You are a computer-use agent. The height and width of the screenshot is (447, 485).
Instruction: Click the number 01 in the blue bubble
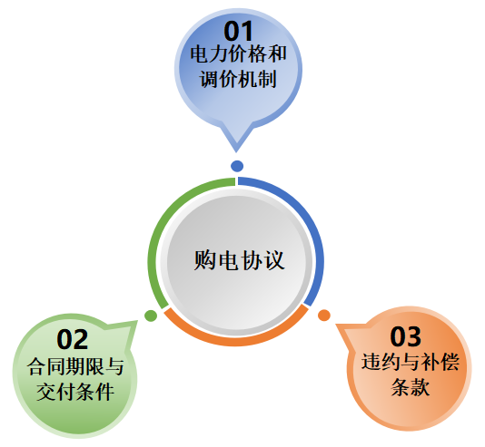pyautogui.click(x=238, y=31)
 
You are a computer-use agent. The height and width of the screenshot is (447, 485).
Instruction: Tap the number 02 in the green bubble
pyautogui.click(x=73, y=339)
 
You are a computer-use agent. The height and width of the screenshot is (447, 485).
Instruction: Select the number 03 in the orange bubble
pyautogui.click(x=405, y=336)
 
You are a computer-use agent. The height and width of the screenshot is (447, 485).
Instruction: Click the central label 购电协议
pyautogui.click(x=239, y=260)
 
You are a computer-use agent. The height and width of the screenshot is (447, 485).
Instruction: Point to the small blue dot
pyautogui.click(x=237, y=166)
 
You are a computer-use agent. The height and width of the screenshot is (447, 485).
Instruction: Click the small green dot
pyautogui.click(x=151, y=316)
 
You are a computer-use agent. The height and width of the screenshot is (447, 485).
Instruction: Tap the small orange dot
pyautogui.click(x=324, y=316)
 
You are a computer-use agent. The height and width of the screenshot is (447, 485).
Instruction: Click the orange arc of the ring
pyautogui.click(x=236, y=341)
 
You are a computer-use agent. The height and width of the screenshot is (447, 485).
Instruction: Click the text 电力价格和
pyautogui.click(x=239, y=54)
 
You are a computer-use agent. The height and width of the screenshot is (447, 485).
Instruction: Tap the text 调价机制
pyautogui.click(x=238, y=79)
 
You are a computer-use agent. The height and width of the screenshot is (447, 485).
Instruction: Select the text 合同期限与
pyautogui.click(x=75, y=366)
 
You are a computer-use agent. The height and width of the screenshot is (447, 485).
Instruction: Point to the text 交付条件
pyautogui.click(x=75, y=392)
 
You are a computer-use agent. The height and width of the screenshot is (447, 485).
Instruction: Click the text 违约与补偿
pyautogui.click(x=411, y=362)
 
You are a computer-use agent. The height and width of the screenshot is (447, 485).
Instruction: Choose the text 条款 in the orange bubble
pyautogui.click(x=411, y=387)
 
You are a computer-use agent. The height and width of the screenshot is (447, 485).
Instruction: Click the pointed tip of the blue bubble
pyautogui.click(x=236, y=152)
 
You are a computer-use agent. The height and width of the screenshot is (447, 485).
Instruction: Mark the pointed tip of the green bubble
pyautogui.click(x=137, y=321)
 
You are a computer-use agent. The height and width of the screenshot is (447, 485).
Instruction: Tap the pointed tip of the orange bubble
pyautogui.click(x=336, y=325)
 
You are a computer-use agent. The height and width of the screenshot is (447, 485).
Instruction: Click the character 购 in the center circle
pyautogui.click(x=204, y=260)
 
